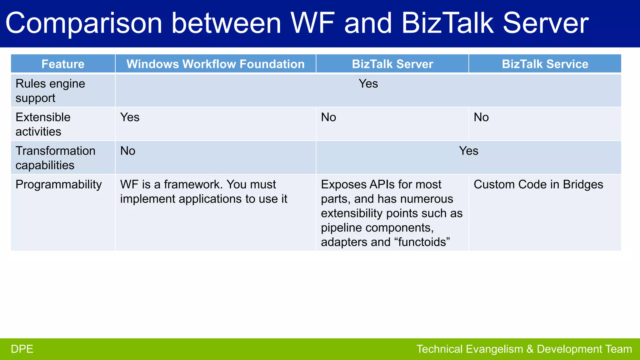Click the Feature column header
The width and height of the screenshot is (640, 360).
(x=63, y=64)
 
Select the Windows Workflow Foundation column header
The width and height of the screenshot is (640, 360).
(x=215, y=64)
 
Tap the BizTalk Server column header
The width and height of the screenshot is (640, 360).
(x=392, y=64)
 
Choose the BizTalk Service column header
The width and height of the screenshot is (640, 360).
(x=545, y=64)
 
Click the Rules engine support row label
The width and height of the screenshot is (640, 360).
(x=50, y=91)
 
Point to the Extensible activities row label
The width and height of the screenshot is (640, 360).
(x=43, y=124)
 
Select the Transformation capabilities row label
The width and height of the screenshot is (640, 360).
(x=55, y=158)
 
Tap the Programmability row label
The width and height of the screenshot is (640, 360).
(x=58, y=184)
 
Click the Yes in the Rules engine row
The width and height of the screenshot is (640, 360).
(x=368, y=84)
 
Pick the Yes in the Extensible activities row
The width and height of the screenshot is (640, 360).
(x=130, y=117)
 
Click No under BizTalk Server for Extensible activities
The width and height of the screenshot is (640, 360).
(x=328, y=117)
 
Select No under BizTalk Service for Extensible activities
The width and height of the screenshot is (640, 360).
(x=481, y=117)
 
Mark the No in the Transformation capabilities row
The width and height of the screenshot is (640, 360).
(x=127, y=151)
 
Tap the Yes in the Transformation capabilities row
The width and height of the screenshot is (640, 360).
(x=468, y=151)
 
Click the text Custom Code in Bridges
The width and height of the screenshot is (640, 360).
(x=538, y=184)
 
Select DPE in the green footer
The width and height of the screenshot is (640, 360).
(x=22, y=349)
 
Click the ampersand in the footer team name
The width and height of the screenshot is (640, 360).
(x=530, y=349)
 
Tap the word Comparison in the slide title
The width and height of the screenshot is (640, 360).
(x=84, y=23)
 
